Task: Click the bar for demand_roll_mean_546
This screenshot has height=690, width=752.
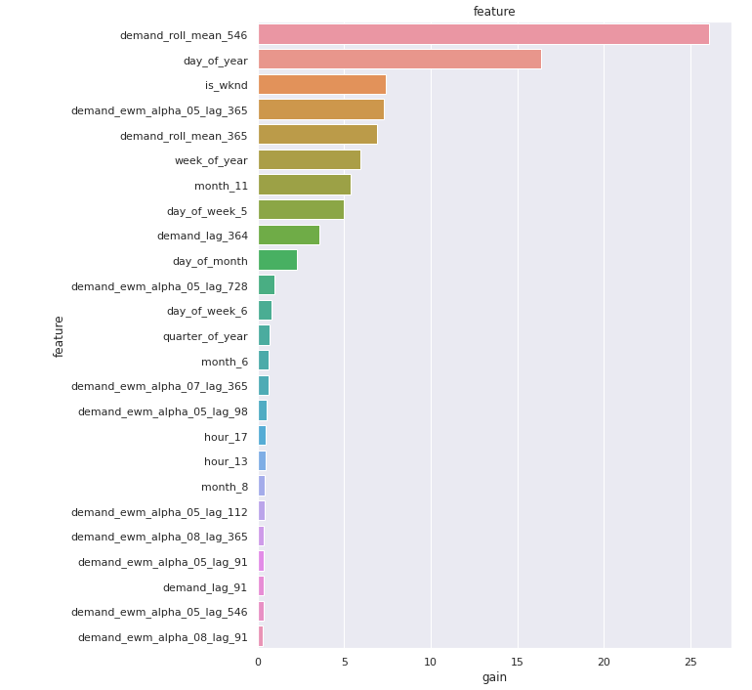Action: [x=483, y=35]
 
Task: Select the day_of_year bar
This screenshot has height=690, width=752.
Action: [x=399, y=60]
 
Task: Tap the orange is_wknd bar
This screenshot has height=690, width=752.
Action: [x=321, y=85]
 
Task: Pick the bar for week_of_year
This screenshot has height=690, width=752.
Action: [x=309, y=160]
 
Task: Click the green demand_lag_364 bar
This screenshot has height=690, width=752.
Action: [x=288, y=236]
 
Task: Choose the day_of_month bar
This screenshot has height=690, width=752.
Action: [x=277, y=261]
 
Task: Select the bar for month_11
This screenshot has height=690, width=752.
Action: [x=304, y=186]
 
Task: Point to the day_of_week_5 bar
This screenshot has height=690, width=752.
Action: [x=301, y=210]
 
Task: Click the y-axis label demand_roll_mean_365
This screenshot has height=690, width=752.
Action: [x=184, y=136]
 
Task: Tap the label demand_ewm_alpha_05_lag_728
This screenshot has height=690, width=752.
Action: [x=159, y=286]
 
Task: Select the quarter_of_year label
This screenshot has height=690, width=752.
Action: [x=205, y=336]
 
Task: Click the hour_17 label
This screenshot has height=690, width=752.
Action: [x=226, y=437]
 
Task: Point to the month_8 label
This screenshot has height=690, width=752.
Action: [x=225, y=487]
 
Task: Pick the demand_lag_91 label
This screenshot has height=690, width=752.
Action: [x=205, y=587]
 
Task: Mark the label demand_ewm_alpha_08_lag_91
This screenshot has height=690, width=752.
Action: [x=162, y=637]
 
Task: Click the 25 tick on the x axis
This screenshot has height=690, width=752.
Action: [x=690, y=662]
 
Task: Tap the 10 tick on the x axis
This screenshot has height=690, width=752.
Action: [x=431, y=662]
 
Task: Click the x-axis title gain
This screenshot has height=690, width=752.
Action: [x=494, y=677]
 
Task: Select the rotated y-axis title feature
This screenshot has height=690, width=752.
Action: [x=59, y=336]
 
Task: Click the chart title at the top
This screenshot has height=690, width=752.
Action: [x=494, y=12]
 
